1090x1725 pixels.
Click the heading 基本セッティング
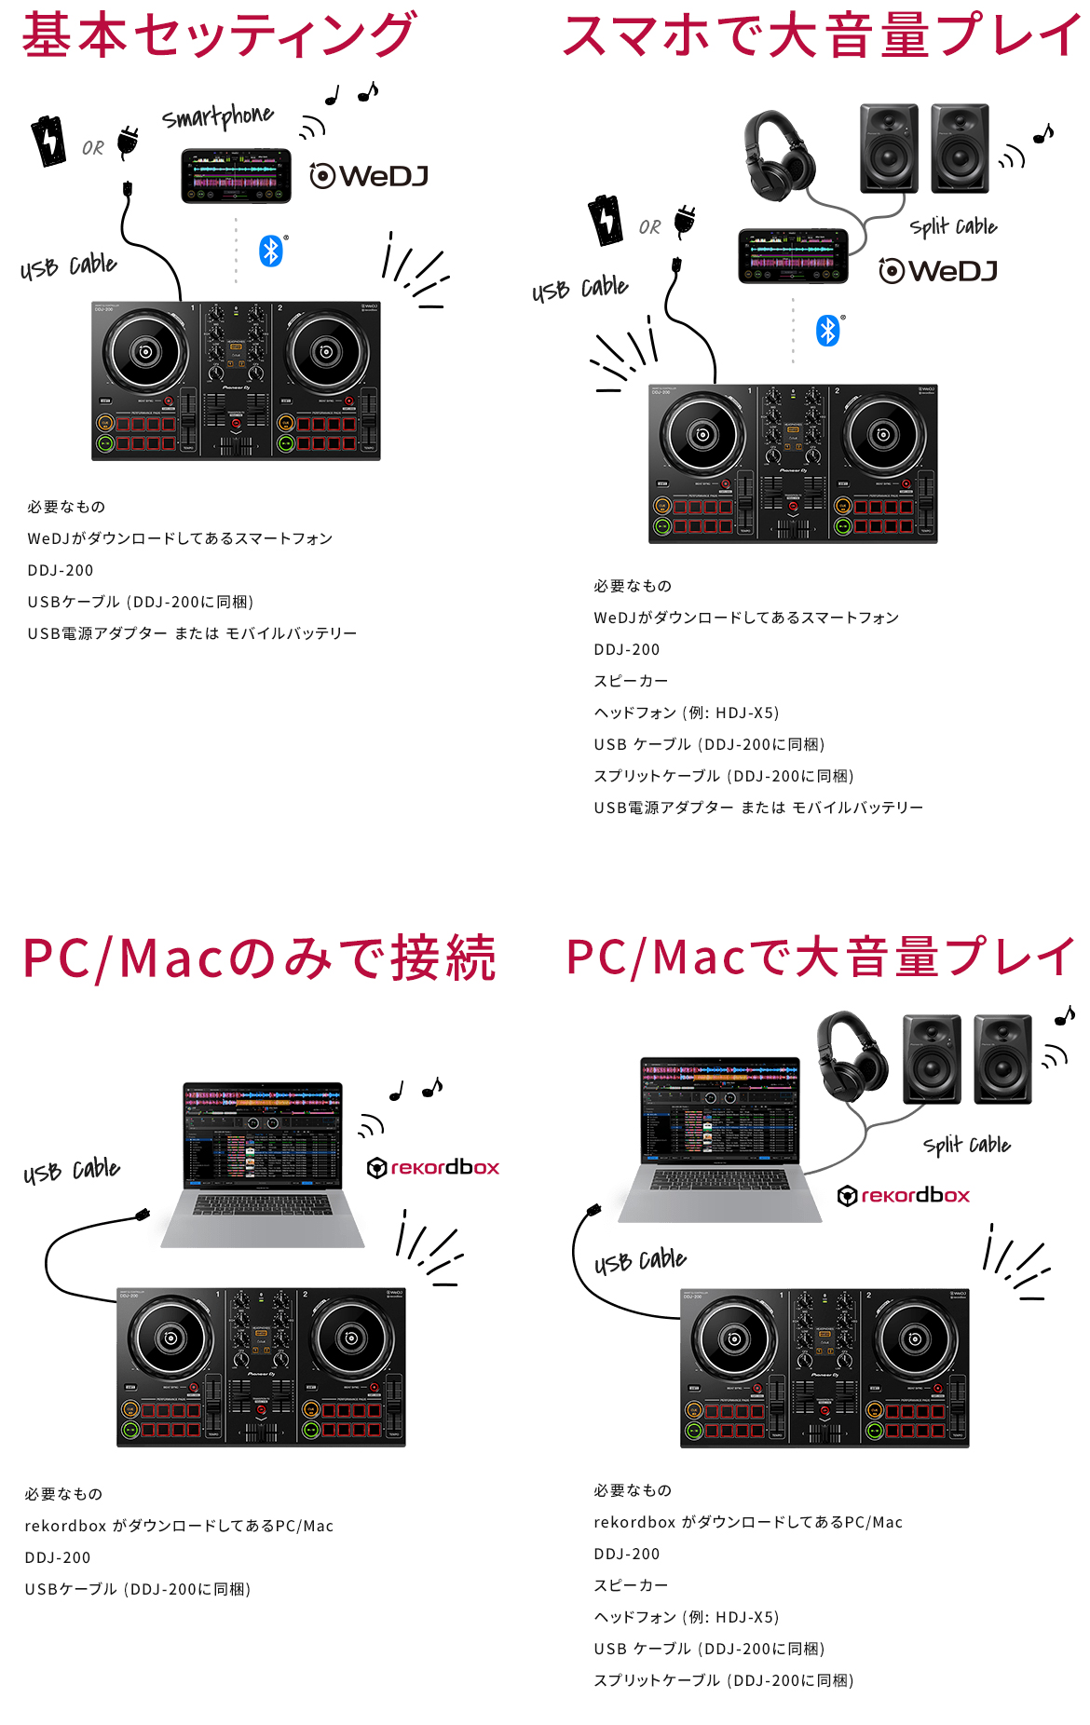219,35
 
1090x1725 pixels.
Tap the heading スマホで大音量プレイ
820,35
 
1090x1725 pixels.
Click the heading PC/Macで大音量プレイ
820,958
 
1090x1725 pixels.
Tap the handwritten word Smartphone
217,117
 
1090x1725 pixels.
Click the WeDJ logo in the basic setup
369,175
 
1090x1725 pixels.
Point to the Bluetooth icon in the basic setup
270,251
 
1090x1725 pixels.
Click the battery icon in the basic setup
48,141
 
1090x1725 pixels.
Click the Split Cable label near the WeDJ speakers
953,226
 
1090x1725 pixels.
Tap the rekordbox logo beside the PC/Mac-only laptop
433,1168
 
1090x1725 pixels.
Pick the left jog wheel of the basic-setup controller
145,352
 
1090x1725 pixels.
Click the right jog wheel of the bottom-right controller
914,1339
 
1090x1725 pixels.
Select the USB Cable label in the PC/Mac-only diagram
72,1171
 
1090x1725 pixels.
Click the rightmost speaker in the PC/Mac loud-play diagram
1002,1059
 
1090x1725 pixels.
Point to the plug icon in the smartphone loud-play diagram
685,222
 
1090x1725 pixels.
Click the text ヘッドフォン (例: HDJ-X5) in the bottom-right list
686,1617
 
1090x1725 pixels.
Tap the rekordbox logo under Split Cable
904,1196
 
